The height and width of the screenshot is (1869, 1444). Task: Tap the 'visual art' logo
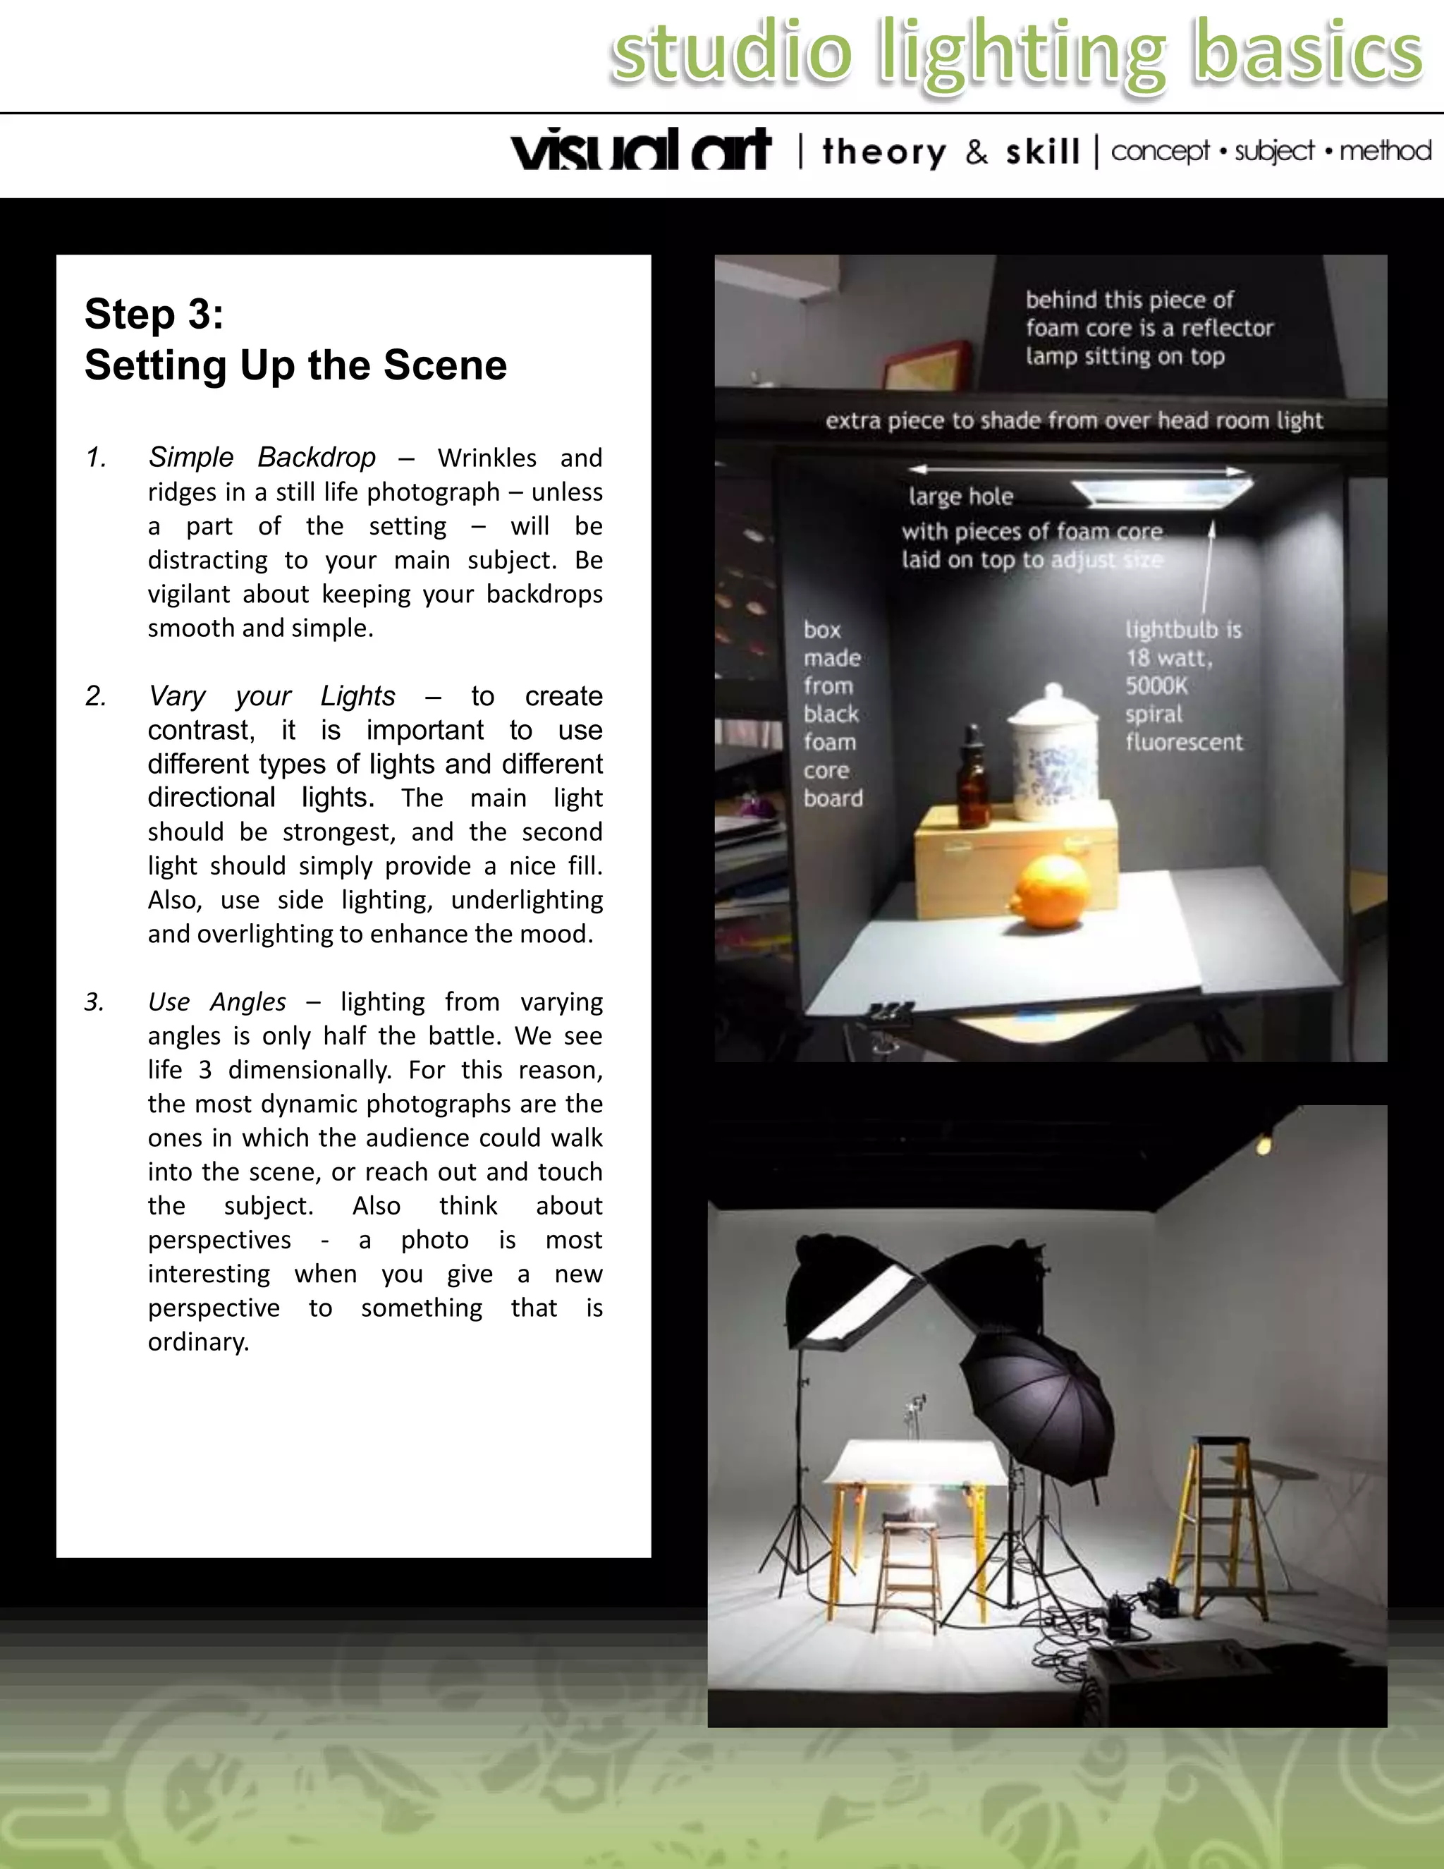tap(641, 151)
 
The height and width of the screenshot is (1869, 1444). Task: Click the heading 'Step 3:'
tap(154, 314)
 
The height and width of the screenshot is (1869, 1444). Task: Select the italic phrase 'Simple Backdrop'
tap(262, 458)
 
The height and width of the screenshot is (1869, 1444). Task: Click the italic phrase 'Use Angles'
tap(216, 1002)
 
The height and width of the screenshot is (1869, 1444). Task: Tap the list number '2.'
tap(96, 695)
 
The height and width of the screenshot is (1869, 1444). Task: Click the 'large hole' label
tap(961, 497)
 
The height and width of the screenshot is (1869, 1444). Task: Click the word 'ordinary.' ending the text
tap(198, 1342)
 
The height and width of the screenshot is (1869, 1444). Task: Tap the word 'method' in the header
tap(1385, 152)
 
